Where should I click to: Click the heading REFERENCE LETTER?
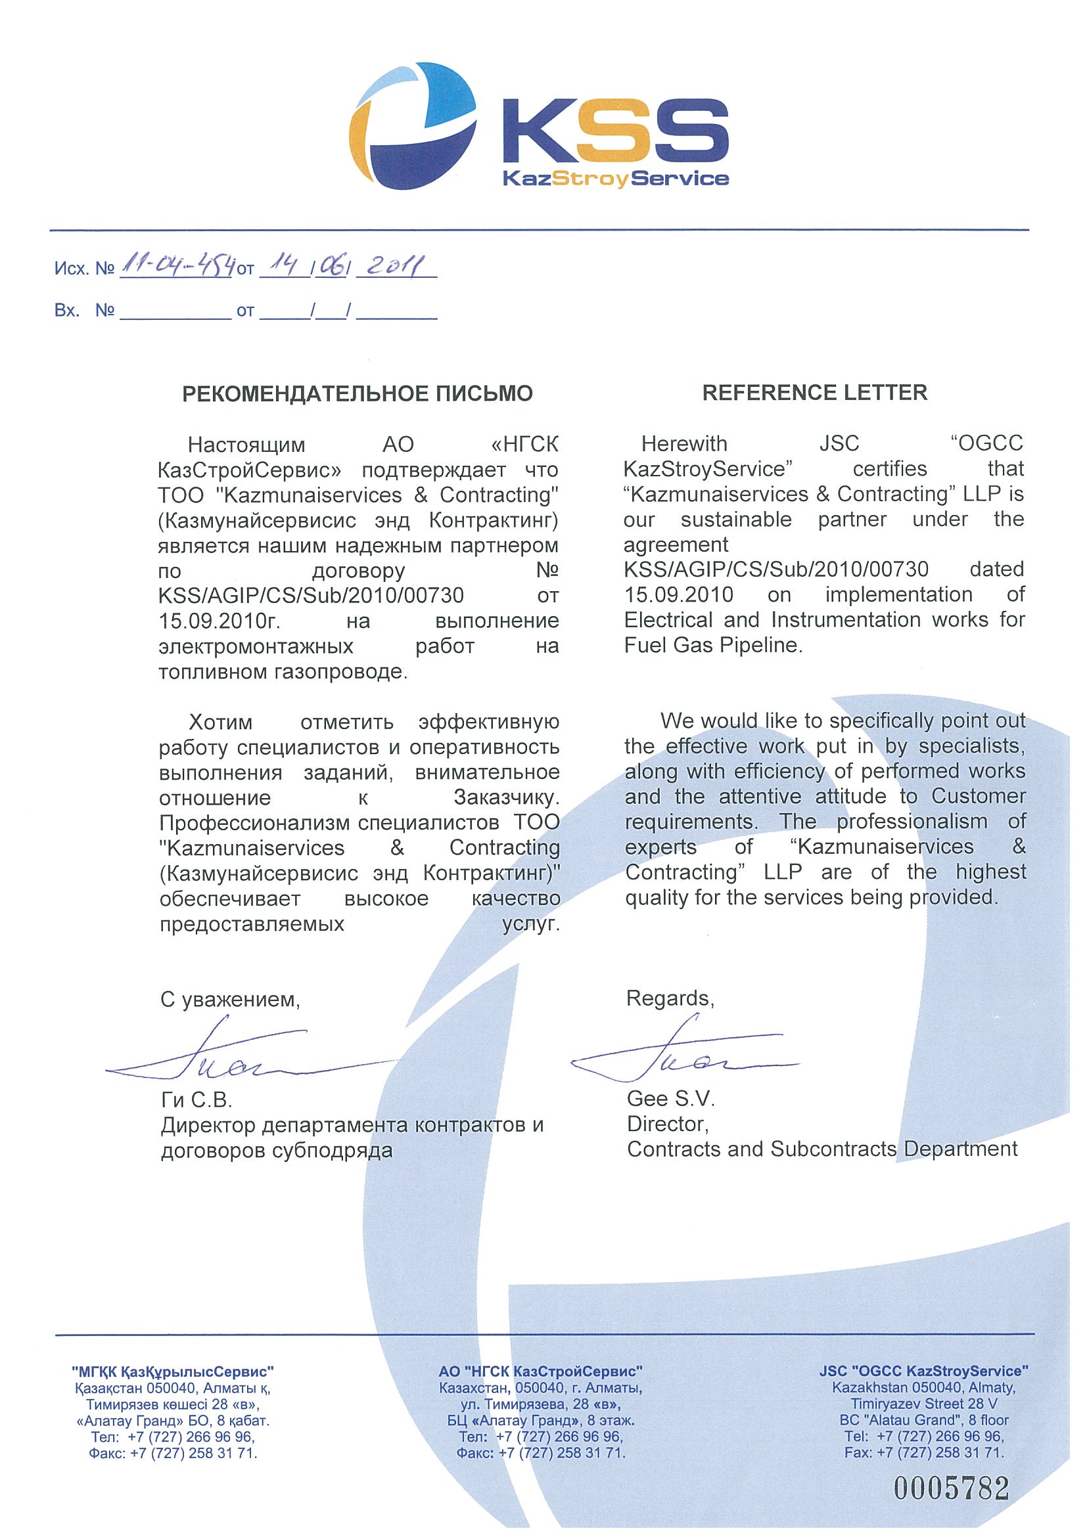(x=814, y=393)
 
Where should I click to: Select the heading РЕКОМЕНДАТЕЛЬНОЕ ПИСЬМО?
(x=358, y=393)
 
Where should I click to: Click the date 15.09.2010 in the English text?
(x=678, y=594)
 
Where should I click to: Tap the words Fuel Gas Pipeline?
(x=712, y=645)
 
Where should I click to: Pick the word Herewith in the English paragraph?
(x=684, y=444)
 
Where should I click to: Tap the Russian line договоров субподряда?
(x=276, y=1151)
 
